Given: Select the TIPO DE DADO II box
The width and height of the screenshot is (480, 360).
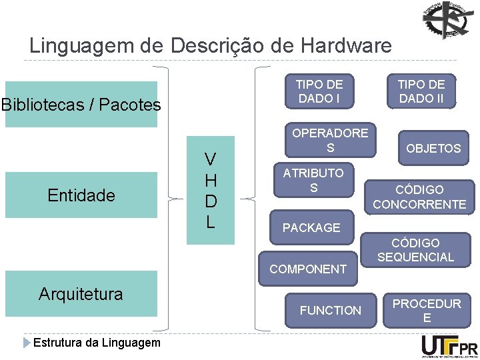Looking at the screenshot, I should [x=421, y=91].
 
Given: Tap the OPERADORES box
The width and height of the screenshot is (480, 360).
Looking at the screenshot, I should [x=329, y=140].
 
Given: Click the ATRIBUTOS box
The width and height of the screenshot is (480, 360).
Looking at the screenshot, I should [x=313, y=181].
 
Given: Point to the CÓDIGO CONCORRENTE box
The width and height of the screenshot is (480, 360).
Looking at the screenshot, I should [x=419, y=197].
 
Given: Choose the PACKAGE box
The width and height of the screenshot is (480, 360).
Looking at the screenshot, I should [x=311, y=228].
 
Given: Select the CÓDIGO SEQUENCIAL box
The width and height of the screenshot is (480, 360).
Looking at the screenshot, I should [x=415, y=250].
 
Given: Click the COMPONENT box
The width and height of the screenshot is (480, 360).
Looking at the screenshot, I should [x=307, y=269].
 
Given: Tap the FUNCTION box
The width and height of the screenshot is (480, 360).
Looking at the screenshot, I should [x=330, y=310].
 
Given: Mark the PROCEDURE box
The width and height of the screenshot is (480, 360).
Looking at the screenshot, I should [x=426, y=311].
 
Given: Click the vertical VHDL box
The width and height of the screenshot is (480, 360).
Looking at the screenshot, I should [x=210, y=191].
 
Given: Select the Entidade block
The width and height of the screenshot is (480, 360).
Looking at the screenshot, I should [x=81, y=195].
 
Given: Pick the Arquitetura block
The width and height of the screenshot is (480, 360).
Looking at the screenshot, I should [x=81, y=293].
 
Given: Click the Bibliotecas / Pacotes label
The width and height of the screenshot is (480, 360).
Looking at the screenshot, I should [x=81, y=105].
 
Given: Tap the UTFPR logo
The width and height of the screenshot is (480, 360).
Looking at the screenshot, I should [x=449, y=346].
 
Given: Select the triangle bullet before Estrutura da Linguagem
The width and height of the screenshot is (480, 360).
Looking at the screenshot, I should [x=27, y=343].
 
